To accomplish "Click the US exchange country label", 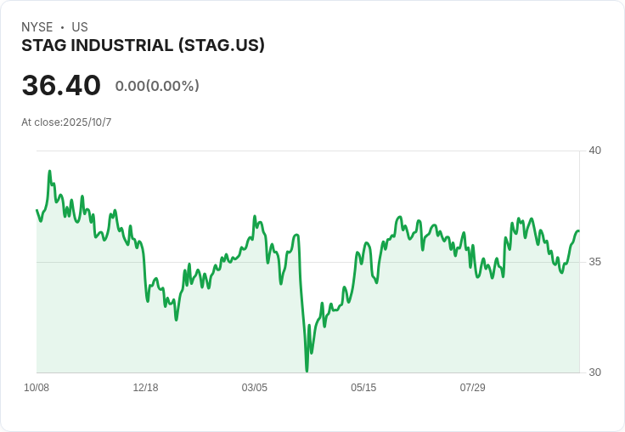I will click(x=80, y=27).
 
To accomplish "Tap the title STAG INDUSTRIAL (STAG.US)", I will click(x=143, y=45).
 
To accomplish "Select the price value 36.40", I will click(x=61, y=85).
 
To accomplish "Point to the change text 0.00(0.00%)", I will click(x=157, y=86).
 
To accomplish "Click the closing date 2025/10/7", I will click(x=87, y=122).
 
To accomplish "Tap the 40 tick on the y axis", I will click(x=594, y=151).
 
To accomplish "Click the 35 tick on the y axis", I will click(x=594, y=261).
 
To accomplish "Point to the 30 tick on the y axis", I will click(x=594, y=372).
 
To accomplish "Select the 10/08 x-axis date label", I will click(x=37, y=388).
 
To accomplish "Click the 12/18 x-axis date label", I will click(x=145, y=388).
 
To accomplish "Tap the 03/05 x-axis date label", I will click(x=254, y=388).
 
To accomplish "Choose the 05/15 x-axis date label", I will click(x=363, y=388).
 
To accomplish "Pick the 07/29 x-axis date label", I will click(x=472, y=388).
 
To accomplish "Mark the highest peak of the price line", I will click(x=49, y=171).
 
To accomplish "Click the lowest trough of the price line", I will click(x=307, y=371).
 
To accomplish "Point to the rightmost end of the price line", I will click(x=578, y=231).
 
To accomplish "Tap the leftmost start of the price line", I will click(x=37, y=210).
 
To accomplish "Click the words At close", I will click(x=41, y=122).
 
